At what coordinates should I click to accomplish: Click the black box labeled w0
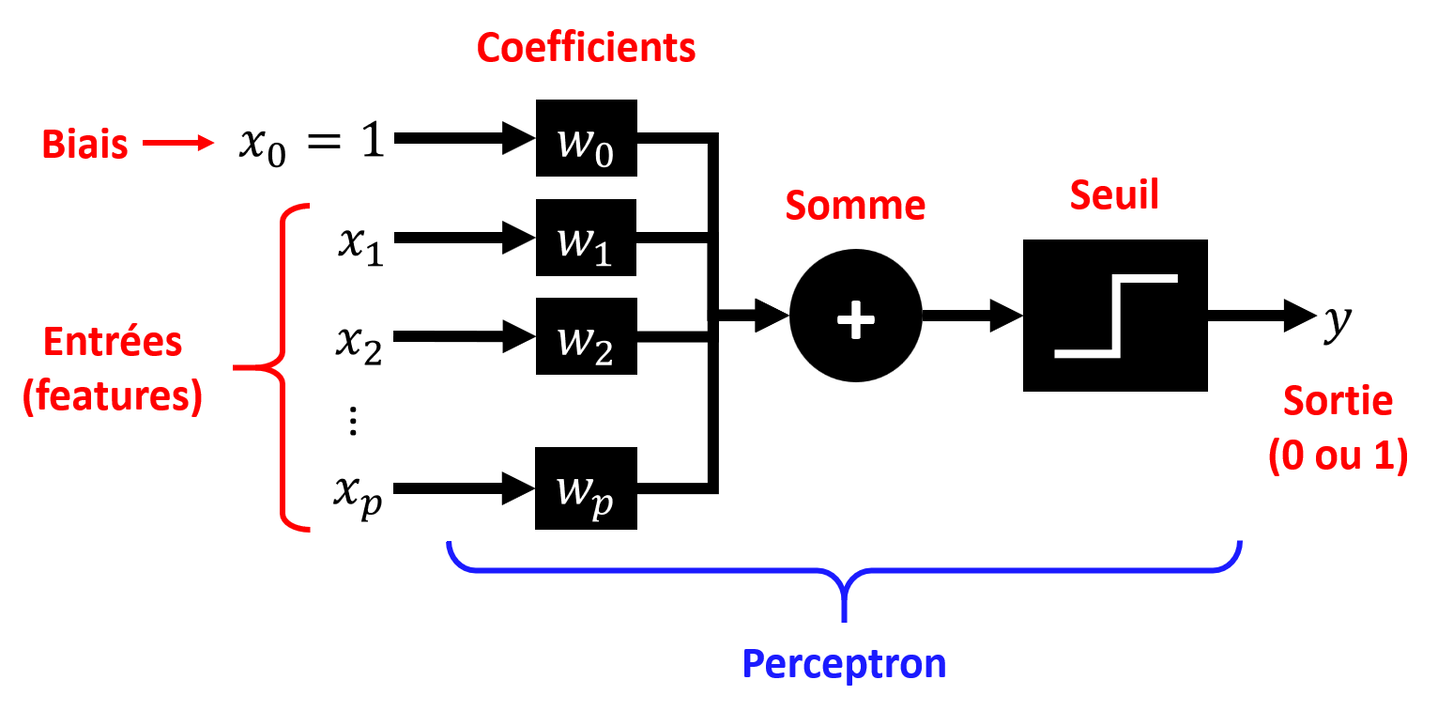(x=587, y=138)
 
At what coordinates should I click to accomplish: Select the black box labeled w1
(x=587, y=238)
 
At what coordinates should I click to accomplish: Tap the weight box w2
(x=587, y=336)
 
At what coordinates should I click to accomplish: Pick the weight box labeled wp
(x=587, y=488)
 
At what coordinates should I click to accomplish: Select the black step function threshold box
(x=1115, y=316)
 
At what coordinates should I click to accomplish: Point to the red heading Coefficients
(x=586, y=48)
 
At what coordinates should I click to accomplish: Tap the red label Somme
(x=855, y=205)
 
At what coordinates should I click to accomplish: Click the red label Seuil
(x=1115, y=195)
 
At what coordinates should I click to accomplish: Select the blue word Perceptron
(x=844, y=664)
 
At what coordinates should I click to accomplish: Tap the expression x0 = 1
(x=311, y=143)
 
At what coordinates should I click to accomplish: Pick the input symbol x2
(x=359, y=340)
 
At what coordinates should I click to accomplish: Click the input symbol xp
(x=358, y=492)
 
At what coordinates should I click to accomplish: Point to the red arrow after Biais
(x=177, y=144)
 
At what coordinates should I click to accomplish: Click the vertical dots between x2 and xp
(x=354, y=423)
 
